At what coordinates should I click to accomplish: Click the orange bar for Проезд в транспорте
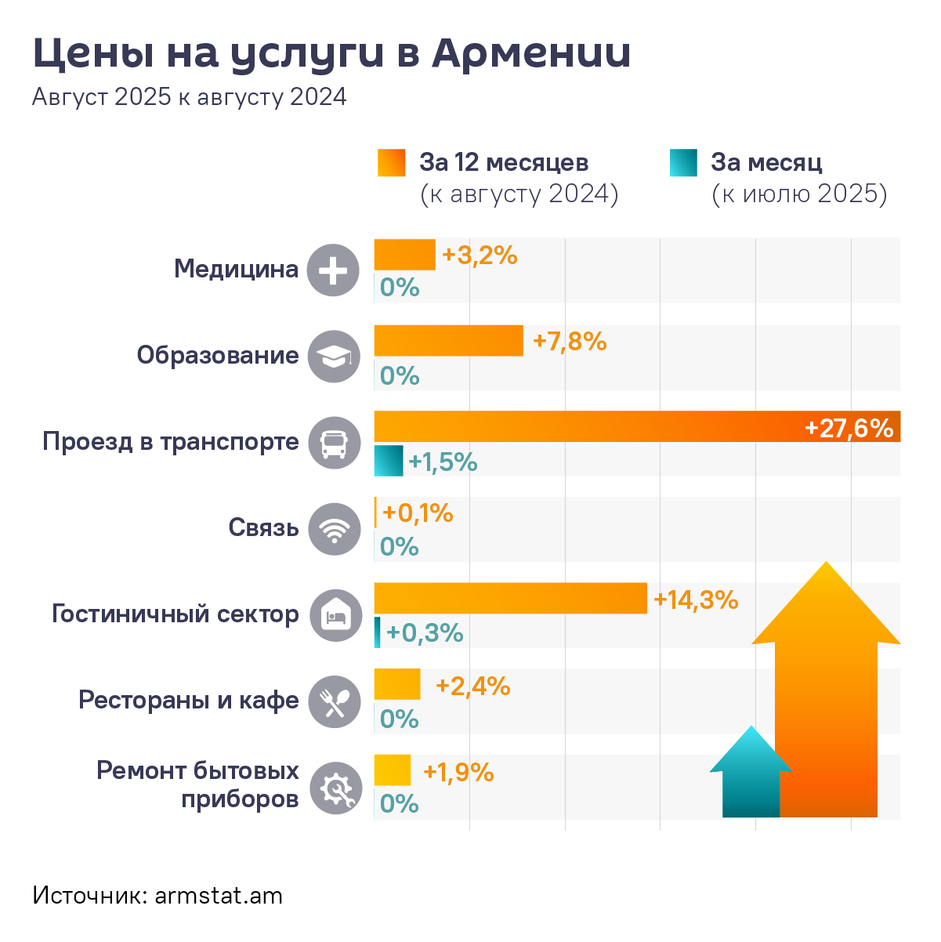(x=588, y=426)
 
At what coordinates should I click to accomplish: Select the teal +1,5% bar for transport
(x=388, y=461)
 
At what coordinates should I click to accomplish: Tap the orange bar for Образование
(x=448, y=340)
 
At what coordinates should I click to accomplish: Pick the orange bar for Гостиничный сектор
(x=510, y=598)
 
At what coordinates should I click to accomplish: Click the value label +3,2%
(x=480, y=255)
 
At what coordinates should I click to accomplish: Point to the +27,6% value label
(x=849, y=428)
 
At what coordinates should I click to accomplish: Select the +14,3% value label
(x=696, y=600)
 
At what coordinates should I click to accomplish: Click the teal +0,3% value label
(x=425, y=632)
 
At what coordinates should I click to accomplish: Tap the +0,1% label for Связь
(x=418, y=513)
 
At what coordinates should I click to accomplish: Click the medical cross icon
(x=334, y=270)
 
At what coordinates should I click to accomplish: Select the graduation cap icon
(x=335, y=357)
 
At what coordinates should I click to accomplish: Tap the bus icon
(x=335, y=443)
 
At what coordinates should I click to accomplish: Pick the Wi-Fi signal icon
(x=335, y=529)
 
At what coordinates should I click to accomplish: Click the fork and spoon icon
(x=335, y=701)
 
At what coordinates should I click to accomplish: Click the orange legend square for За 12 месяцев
(x=391, y=162)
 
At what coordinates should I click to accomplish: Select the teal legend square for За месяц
(x=683, y=162)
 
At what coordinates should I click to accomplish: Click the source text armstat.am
(x=219, y=896)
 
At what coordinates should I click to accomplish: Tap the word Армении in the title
(x=531, y=53)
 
